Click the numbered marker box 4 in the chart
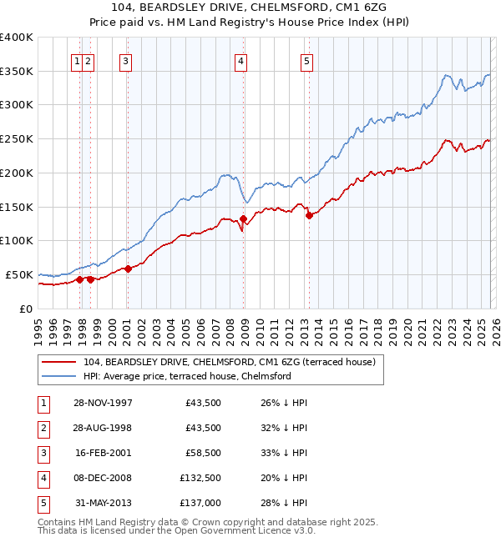pyautogui.click(x=240, y=60)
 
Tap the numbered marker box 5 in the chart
pyautogui.click(x=306, y=60)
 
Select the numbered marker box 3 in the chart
pyautogui.click(x=125, y=60)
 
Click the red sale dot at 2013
pyautogui.click(x=309, y=215)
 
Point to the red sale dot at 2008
pyautogui.click(x=243, y=218)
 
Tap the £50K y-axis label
pyautogui.click(x=19, y=274)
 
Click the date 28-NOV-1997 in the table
pyautogui.click(x=102, y=403)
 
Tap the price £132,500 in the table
pyautogui.click(x=200, y=478)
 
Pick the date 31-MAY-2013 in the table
pyautogui.click(x=102, y=503)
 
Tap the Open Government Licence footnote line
pyautogui.click(x=177, y=529)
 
